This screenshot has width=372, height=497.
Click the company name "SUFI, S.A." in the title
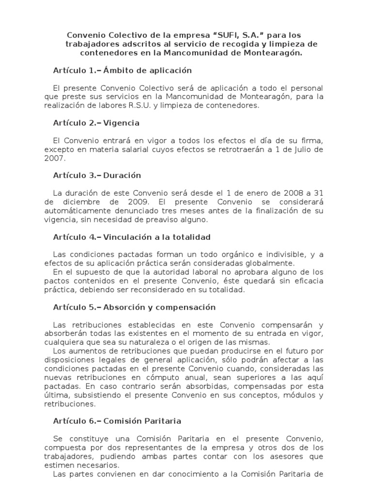[x=232, y=35]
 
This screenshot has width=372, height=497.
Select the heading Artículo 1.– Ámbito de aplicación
[x=119, y=70]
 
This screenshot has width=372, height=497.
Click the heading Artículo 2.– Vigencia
[x=96, y=123]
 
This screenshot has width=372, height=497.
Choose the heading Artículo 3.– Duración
[x=97, y=175]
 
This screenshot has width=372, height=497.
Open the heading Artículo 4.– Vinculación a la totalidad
[x=132, y=237]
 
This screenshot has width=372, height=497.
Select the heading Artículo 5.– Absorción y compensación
[x=134, y=307]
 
